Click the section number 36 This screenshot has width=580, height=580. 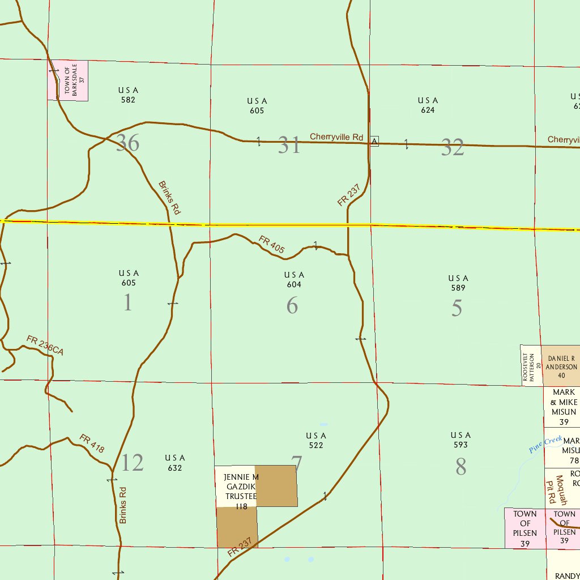tap(127, 143)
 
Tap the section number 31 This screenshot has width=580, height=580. tap(289, 146)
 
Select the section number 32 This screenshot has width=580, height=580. tap(453, 147)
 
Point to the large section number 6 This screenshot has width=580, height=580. tap(292, 306)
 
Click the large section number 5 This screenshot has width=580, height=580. tap(457, 308)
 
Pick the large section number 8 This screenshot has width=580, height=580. tap(460, 467)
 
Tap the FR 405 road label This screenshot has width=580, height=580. tap(272, 244)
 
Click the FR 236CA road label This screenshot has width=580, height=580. tap(45, 346)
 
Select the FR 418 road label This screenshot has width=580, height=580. tap(92, 443)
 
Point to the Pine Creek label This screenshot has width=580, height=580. tap(545, 445)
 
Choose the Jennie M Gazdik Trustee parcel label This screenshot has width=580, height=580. tap(241, 491)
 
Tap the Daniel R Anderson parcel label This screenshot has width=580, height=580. tap(561, 366)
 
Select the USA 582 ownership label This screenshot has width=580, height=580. tap(128, 95)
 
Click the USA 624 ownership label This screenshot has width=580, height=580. tap(428, 105)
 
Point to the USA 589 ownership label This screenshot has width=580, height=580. tap(458, 283)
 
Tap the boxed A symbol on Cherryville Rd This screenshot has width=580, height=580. tap(374, 140)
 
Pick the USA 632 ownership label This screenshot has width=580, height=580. tap(174, 463)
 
